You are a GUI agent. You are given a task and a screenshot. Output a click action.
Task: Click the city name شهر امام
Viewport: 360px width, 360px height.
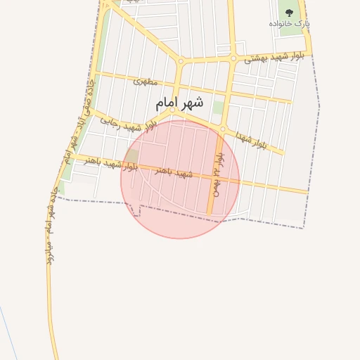point(179,103)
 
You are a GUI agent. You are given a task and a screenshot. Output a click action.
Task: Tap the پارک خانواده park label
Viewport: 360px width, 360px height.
point(290,23)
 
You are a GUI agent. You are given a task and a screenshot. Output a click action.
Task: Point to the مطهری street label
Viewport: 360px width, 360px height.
point(141,81)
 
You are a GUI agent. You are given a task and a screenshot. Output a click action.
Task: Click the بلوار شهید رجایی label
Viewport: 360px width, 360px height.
point(126,124)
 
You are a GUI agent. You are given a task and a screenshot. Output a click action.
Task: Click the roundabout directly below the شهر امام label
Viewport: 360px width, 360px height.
point(172,110)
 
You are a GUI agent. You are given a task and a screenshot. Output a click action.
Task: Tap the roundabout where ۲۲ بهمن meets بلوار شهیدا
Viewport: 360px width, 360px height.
point(222,129)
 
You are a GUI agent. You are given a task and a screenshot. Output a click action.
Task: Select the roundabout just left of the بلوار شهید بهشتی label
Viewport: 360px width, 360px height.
point(233,58)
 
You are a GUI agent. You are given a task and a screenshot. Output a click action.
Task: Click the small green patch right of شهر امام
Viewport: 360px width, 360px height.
point(218,108)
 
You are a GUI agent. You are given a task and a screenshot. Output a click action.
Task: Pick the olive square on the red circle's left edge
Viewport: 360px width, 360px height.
point(131,155)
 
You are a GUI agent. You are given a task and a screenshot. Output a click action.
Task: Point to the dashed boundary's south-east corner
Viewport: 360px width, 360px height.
point(304,228)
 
